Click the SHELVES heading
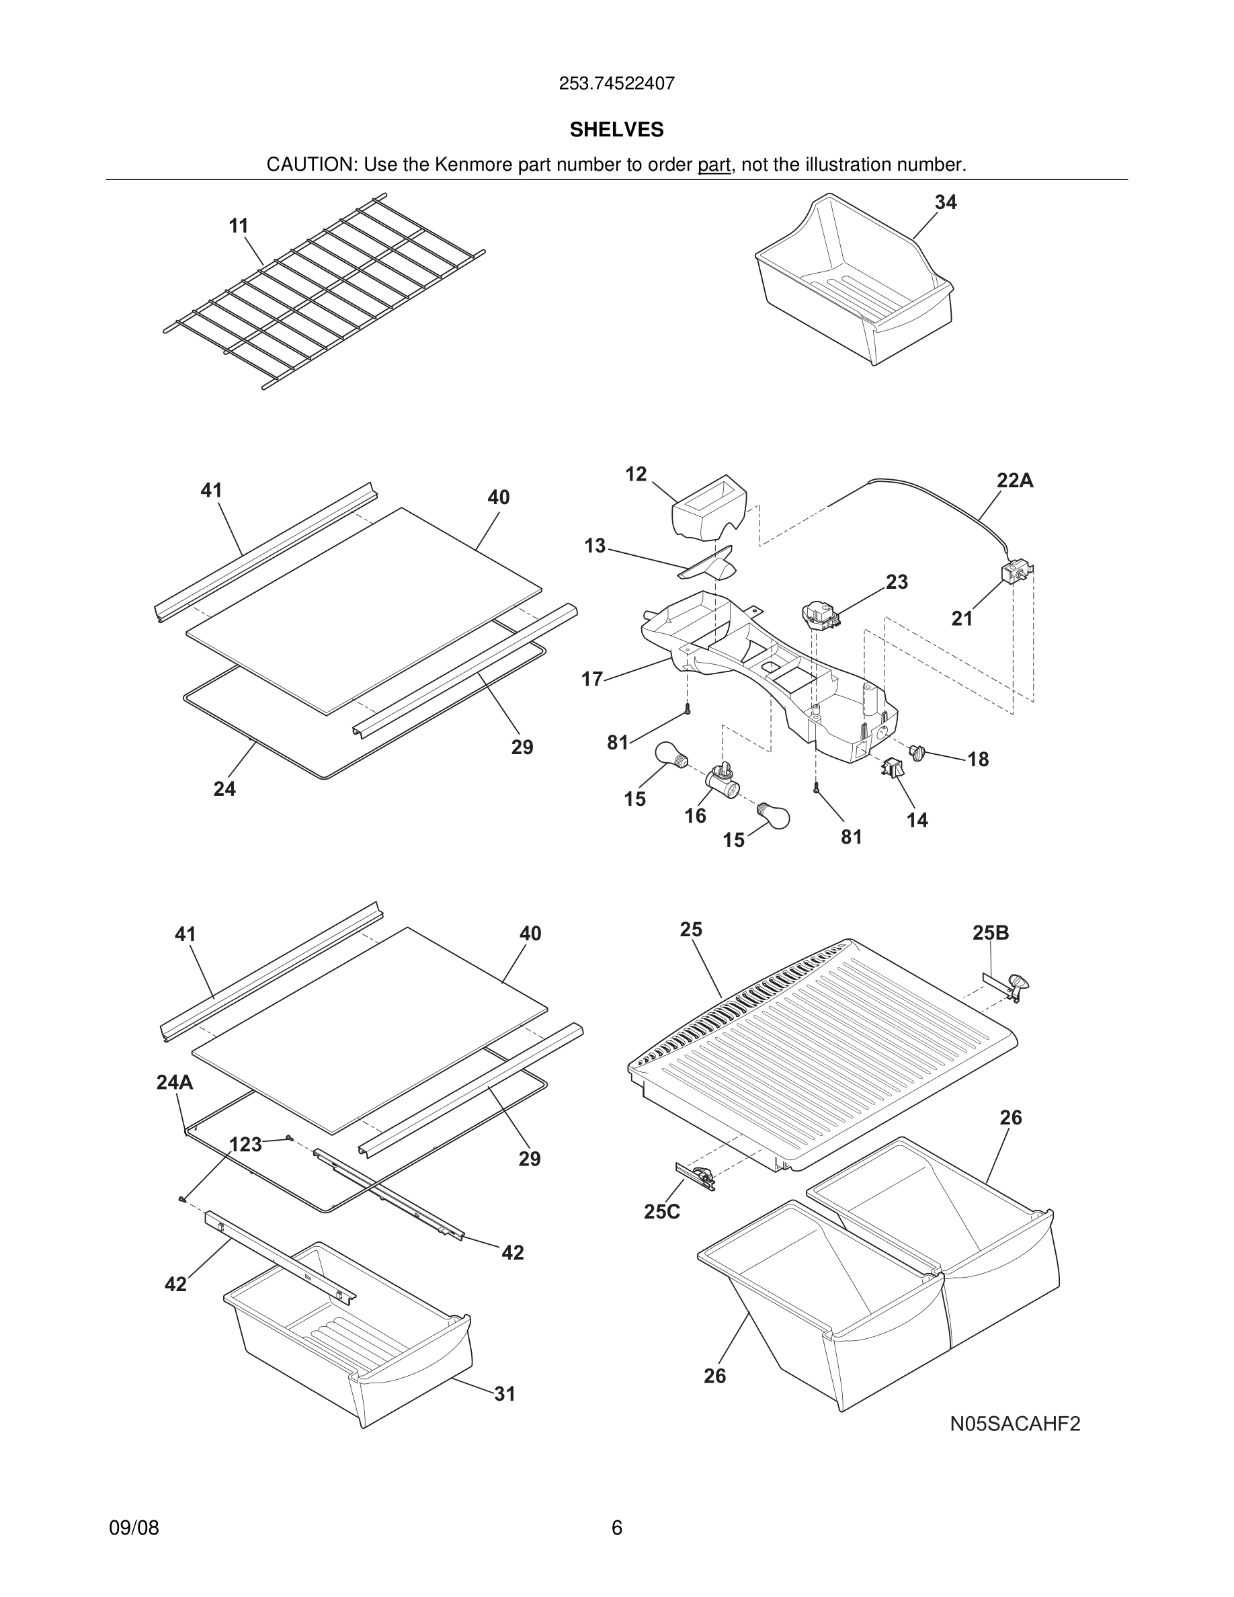(616, 130)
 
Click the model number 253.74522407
(616, 83)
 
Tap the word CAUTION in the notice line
(310, 165)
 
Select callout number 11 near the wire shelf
(239, 226)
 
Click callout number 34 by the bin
(945, 202)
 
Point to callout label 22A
(1015, 481)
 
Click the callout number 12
(635, 474)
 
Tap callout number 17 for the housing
(591, 680)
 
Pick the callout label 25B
(990, 932)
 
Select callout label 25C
(661, 1212)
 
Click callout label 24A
(174, 1081)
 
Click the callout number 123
(245, 1145)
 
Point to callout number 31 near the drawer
(504, 1394)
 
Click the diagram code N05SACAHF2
(1015, 1424)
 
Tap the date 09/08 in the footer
(134, 1528)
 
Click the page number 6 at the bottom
(616, 1528)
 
